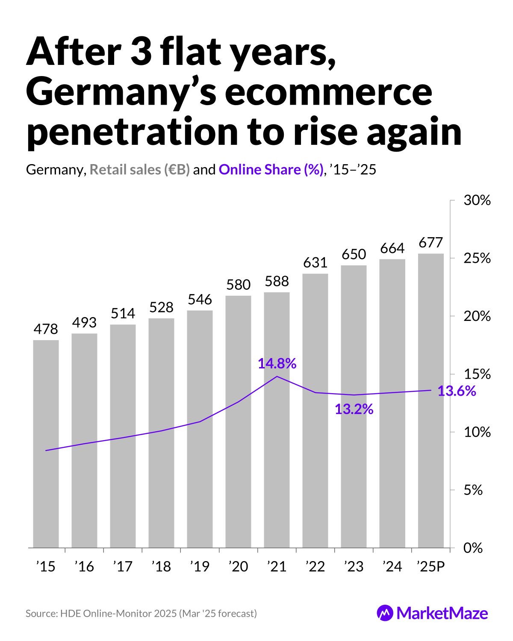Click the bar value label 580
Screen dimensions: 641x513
[238, 285]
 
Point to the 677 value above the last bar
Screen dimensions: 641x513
[430, 243]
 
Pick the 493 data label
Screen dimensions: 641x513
[84, 323]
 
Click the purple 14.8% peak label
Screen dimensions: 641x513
[277, 364]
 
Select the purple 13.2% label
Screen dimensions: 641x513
[354, 409]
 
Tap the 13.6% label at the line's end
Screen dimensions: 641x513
[457, 391]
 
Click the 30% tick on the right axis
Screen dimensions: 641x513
[477, 200]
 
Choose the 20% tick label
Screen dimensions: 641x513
[477, 317]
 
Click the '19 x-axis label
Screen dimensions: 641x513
[200, 567]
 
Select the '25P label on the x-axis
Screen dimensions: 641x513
[430, 567]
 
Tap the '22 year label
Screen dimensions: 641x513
[315, 567]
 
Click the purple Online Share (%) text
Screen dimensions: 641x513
[271, 170]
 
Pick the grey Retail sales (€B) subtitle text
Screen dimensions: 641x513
[139, 170]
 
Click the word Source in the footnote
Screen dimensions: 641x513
[40, 614]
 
